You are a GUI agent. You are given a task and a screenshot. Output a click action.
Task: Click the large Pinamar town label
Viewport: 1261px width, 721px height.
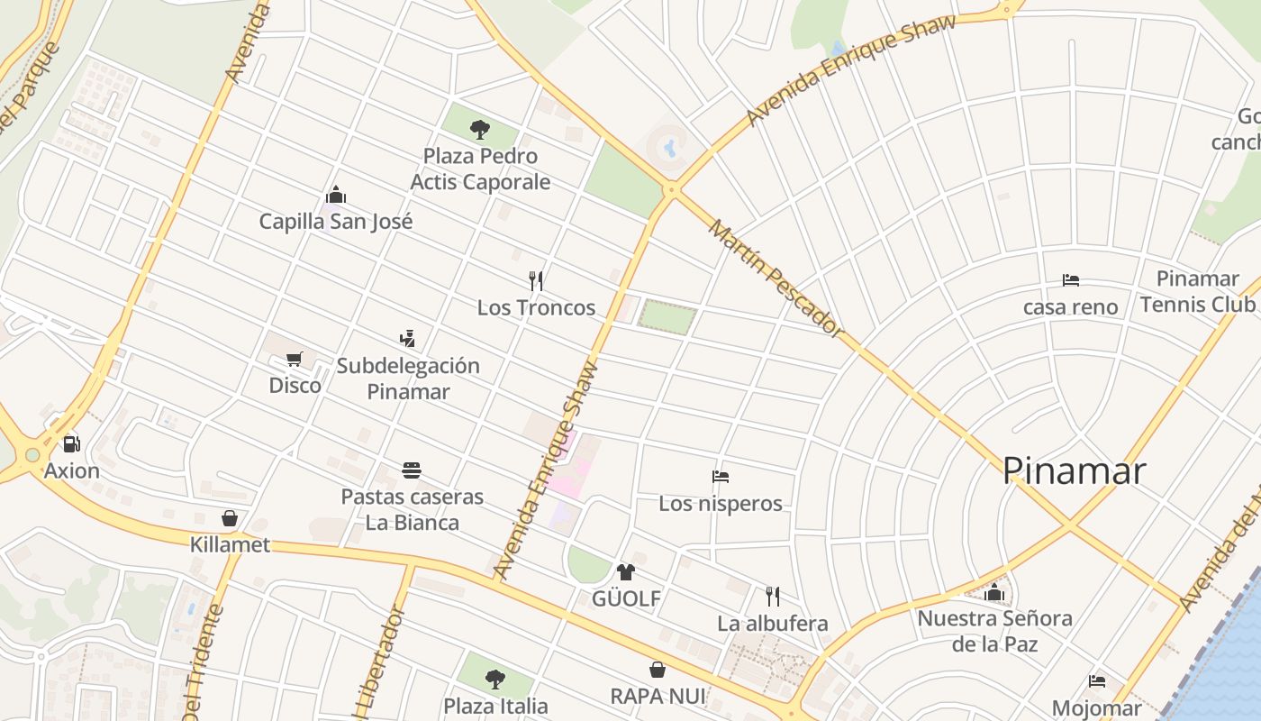pyautogui.click(x=1074, y=471)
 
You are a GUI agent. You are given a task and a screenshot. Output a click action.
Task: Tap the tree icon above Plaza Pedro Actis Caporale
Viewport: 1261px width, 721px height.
pyautogui.click(x=479, y=130)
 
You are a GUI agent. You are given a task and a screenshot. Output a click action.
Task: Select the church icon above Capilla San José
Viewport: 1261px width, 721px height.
pyautogui.click(x=336, y=195)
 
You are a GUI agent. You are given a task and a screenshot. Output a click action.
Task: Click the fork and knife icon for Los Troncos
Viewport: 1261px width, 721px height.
pyautogui.click(x=536, y=280)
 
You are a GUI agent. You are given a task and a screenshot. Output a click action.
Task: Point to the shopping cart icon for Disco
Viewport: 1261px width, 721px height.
pyautogui.click(x=295, y=360)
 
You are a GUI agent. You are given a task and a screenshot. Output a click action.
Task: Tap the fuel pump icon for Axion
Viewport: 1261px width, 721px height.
pyautogui.click(x=71, y=443)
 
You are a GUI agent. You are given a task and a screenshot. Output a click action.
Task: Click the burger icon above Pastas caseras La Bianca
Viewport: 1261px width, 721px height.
pyautogui.click(x=412, y=470)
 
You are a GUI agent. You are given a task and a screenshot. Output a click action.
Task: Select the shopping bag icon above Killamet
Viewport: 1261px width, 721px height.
pyautogui.click(x=230, y=518)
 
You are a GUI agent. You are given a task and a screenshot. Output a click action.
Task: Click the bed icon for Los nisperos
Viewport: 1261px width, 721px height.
pyautogui.click(x=720, y=477)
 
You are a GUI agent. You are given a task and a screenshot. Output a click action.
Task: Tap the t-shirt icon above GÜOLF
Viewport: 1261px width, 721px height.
pyautogui.click(x=626, y=571)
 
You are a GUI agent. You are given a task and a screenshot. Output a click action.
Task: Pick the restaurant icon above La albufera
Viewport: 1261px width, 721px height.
pyautogui.click(x=772, y=596)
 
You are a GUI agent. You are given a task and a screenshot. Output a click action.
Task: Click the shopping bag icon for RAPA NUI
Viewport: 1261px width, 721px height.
pyautogui.click(x=658, y=670)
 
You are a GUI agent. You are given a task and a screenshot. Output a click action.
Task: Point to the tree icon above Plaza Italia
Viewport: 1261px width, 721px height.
pyautogui.click(x=494, y=679)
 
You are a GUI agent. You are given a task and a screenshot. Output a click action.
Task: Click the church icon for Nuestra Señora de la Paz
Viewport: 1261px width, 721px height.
pyautogui.click(x=994, y=592)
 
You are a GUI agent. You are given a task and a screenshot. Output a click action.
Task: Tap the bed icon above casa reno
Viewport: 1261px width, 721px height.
pyautogui.click(x=1070, y=280)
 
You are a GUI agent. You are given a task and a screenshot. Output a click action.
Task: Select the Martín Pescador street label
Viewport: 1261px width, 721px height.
pyautogui.click(x=776, y=278)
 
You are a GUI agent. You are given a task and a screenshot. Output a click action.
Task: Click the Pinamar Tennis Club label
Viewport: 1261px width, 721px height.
pyautogui.click(x=1197, y=291)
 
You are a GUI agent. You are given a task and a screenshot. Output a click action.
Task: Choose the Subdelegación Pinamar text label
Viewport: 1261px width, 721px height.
pyautogui.click(x=408, y=379)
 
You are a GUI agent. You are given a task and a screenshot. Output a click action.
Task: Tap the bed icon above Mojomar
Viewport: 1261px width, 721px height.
pyautogui.click(x=1096, y=681)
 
